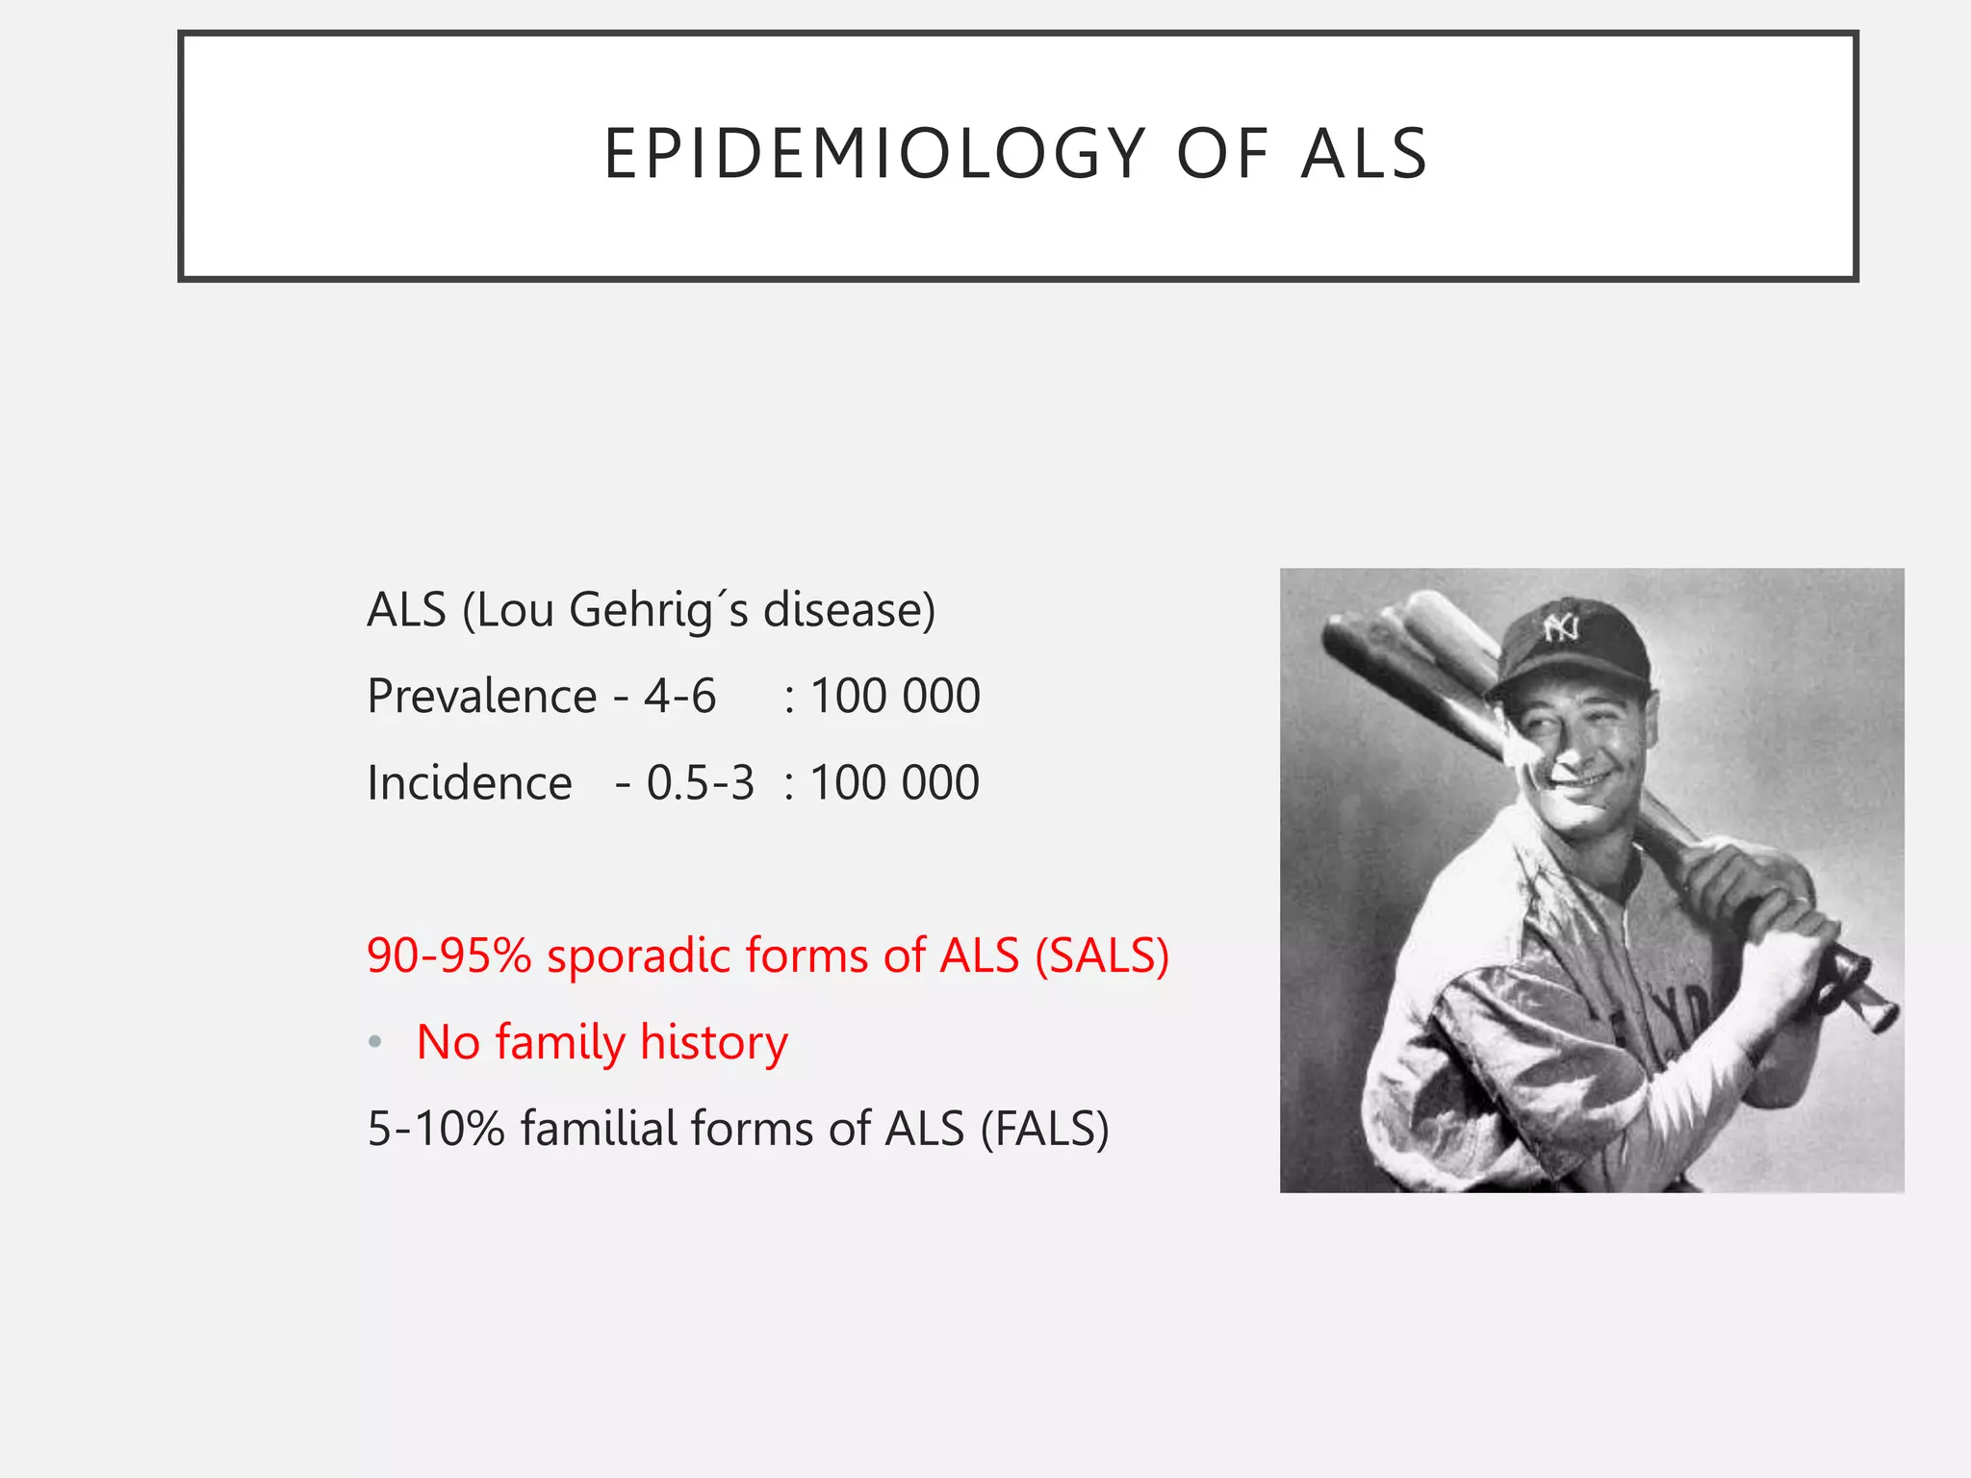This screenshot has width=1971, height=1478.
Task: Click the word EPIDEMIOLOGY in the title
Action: tap(874, 154)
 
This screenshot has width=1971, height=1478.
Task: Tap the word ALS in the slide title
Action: tap(1364, 154)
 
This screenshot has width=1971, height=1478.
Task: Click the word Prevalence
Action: tap(482, 696)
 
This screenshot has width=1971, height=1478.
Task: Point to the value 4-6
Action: tap(679, 696)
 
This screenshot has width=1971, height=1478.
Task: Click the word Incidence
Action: tap(470, 782)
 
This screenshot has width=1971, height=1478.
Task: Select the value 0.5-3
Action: tap(700, 782)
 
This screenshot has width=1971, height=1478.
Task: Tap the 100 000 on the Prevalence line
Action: tap(895, 696)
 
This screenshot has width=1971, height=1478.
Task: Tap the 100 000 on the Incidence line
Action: tap(895, 782)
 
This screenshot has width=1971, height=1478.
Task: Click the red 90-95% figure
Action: tap(448, 956)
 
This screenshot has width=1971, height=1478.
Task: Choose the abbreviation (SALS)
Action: tap(1102, 956)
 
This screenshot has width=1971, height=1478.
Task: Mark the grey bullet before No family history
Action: tap(375, 1042)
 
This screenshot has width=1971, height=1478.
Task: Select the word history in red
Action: tap(713, 1042)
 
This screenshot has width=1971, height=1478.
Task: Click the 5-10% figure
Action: tap(436, 1129)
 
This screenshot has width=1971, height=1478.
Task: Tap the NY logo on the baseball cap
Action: tap(1560, 629)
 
